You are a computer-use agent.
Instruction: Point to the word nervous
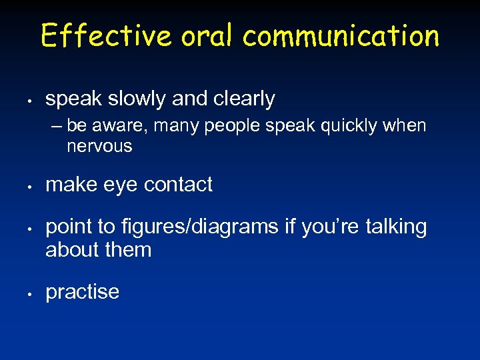(x=99, y=147)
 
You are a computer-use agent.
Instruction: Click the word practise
(x=82, y=292)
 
